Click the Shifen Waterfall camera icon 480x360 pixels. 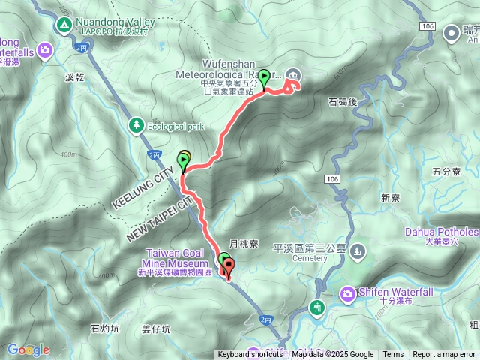349,293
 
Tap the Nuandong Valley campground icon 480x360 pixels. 64,26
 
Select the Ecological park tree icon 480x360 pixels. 136,125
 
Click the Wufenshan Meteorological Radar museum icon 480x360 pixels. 293,73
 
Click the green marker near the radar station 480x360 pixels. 264,78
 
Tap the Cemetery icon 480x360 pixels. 358,250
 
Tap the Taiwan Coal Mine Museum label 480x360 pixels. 177,259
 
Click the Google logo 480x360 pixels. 28,349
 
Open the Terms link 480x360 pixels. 393,355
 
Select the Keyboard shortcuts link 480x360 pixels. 250,355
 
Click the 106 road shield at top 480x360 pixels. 427,26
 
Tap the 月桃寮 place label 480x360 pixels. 244,243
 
